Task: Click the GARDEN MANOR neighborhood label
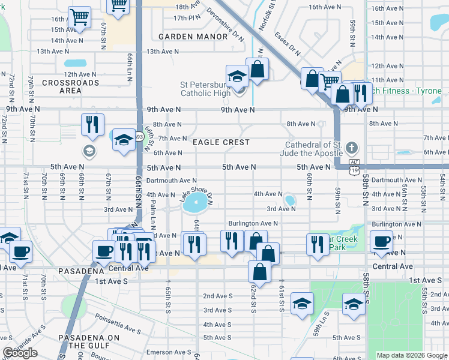click(193, 37)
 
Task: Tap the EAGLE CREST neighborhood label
click(220, 142)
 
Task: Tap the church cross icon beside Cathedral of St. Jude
click(352, 147)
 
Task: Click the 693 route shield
click(139, 136)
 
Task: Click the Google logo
click(20, 353)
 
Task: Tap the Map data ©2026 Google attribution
click(411, 355)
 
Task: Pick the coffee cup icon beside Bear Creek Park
click(381, 241)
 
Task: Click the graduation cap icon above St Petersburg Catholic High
click(237, 76)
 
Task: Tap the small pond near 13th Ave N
click(75, 62)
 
